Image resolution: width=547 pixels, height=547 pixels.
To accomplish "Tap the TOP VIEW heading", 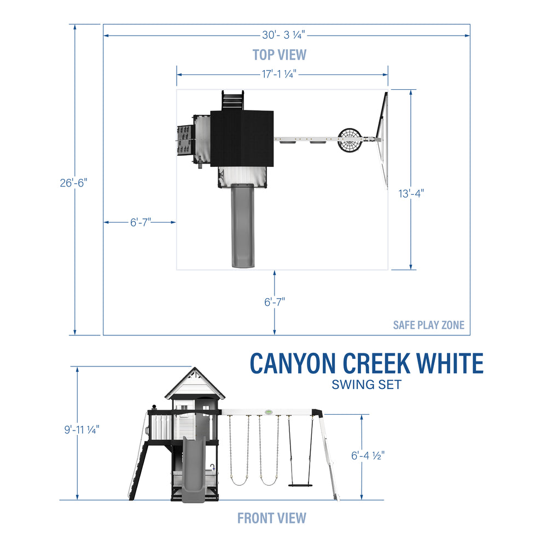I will tap(280, 55).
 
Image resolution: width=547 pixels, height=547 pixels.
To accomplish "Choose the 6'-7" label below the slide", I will tap(275, 301).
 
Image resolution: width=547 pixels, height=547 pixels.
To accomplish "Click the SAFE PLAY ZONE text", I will tap(428, 325).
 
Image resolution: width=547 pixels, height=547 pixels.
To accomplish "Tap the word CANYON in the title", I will tap(293, 364).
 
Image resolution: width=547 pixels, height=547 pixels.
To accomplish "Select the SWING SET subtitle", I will tap(366, 385).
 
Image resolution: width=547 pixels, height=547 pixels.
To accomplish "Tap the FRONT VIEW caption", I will tap(272, 517).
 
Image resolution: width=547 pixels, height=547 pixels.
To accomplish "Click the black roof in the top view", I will tap(241, 137).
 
